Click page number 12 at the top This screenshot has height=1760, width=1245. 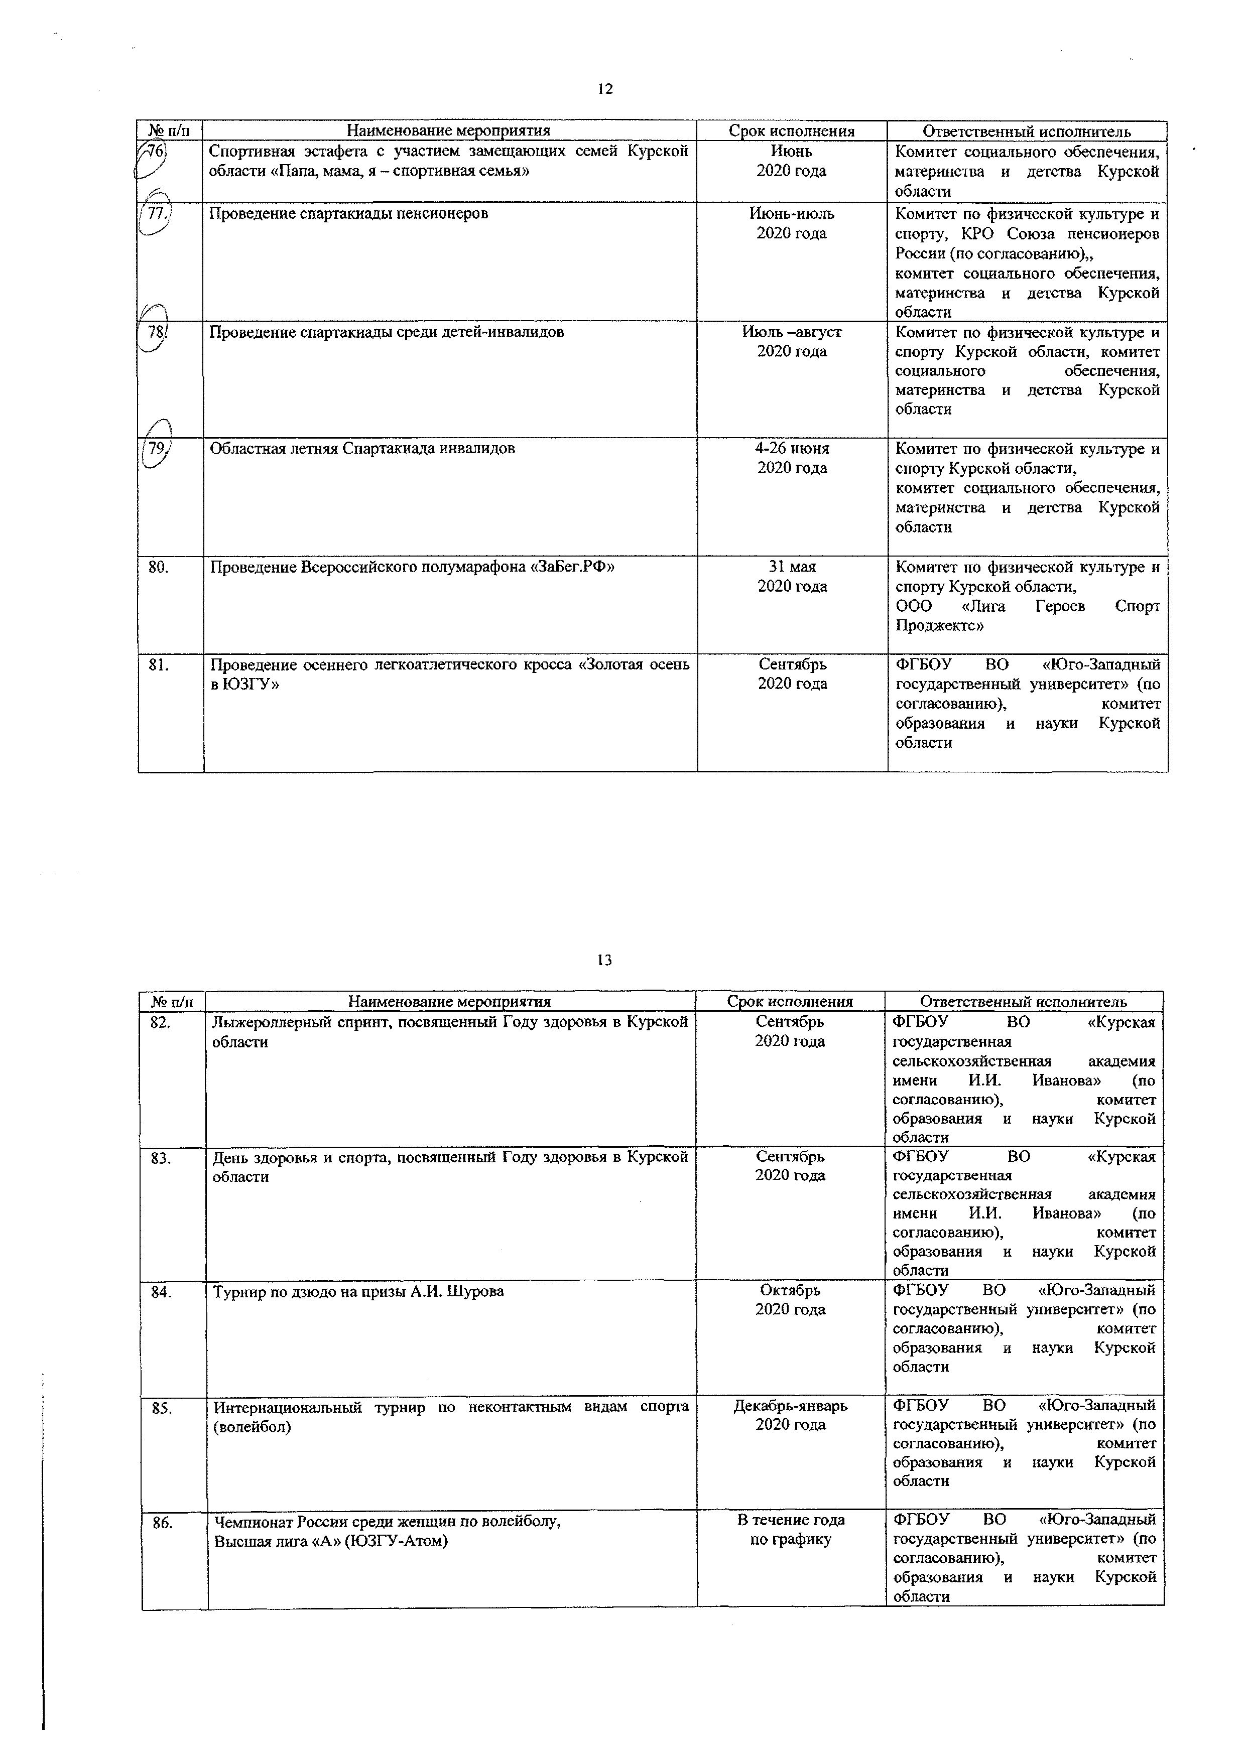(605, 89)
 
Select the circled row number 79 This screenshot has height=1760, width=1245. (157, 449)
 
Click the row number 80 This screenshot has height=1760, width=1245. (158, 567)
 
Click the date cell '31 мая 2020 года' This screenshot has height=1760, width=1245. (792, 577)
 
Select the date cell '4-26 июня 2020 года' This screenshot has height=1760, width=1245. (792, 458)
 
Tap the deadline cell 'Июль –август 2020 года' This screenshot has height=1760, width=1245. (792, 341)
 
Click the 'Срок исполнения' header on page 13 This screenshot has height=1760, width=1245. (790, 1002)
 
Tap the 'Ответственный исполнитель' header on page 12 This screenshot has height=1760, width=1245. (1027, 131)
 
